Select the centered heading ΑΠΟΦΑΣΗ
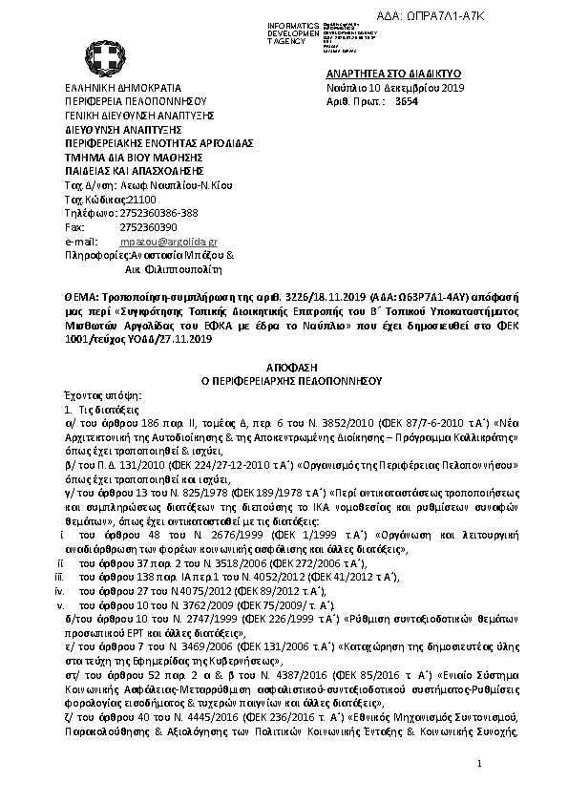(x=284, y=366)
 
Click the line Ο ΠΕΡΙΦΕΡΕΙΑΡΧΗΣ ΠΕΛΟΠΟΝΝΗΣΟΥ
(x=284, y=379)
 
